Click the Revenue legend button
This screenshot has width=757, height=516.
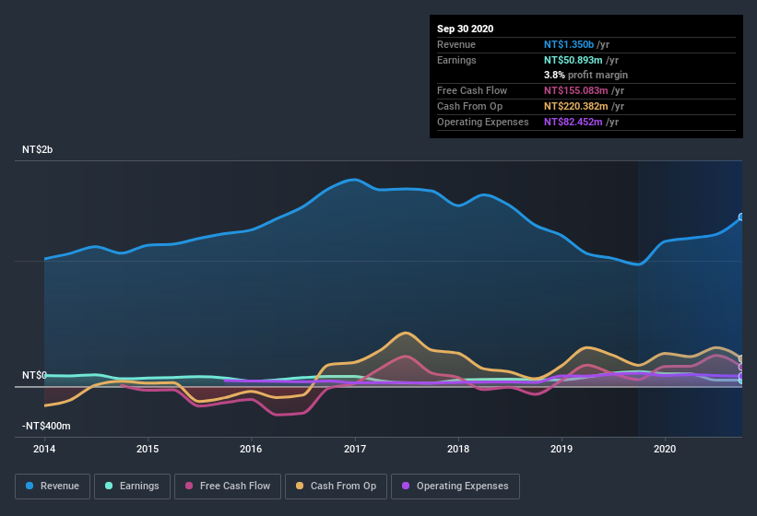pos(53,486)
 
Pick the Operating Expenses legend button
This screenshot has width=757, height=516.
pos(455,486)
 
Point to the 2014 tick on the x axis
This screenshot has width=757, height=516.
pos(44,450)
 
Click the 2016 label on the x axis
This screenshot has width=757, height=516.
pos(251,450)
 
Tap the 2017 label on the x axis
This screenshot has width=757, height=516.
pos(355,450)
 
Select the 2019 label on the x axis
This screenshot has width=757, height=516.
pos(562,450)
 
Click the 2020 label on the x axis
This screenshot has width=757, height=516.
pos(665,450)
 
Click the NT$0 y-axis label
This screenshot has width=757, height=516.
pos(34,376)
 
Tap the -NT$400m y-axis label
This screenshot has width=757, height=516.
pos(46,427)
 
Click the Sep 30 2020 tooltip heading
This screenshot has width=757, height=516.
pos(466,29)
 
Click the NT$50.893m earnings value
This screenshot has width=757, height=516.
pos(575,60)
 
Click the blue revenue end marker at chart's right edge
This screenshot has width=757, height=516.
pos(741,217)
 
